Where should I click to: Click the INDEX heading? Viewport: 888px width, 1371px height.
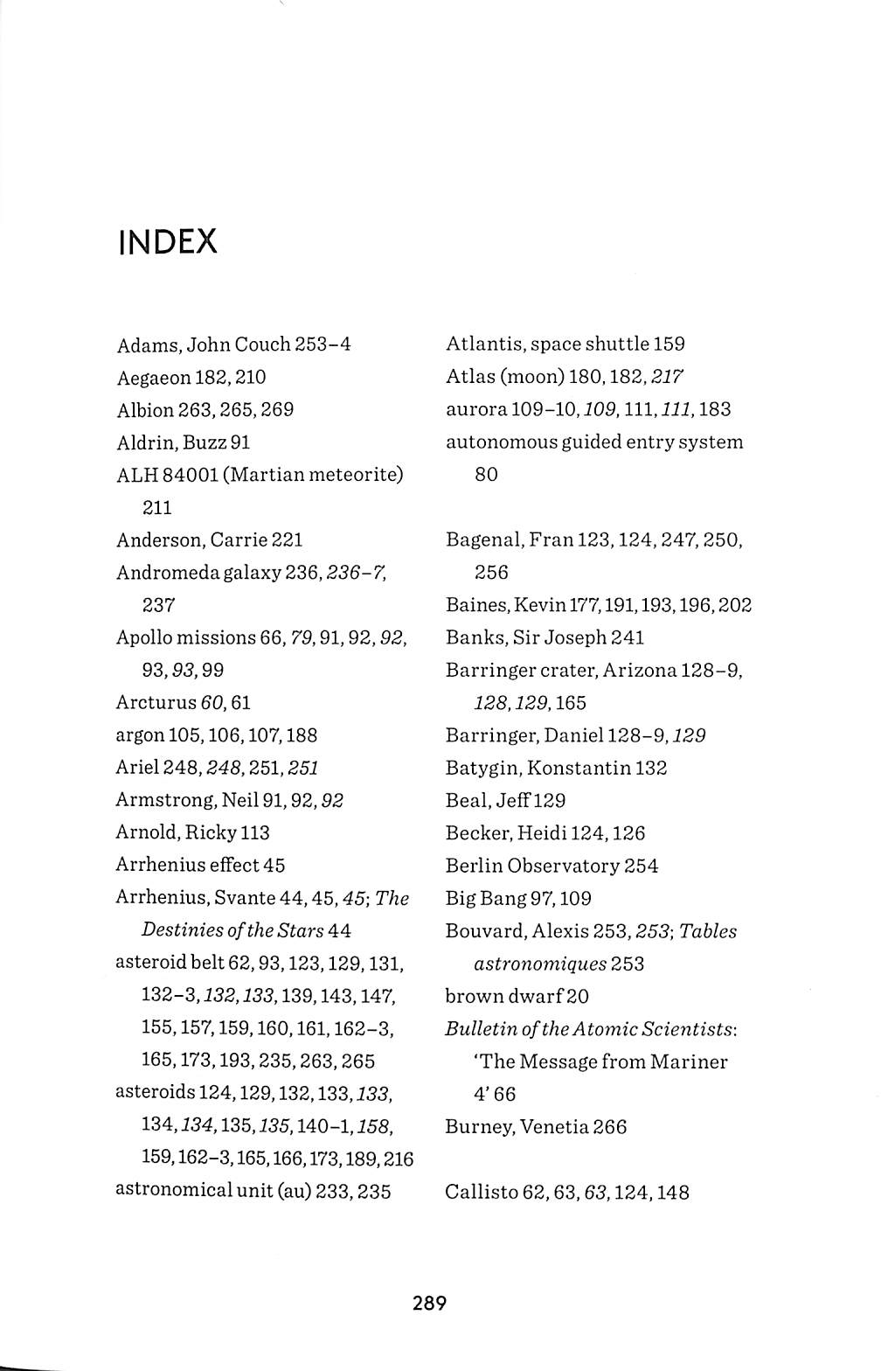(x=167, y=242)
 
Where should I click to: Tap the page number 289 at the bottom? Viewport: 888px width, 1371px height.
(x=430, y=1303)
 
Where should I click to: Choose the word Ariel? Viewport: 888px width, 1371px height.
(x=135, y=768)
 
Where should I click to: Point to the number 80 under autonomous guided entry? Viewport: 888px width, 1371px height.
(x=486, y=475)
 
